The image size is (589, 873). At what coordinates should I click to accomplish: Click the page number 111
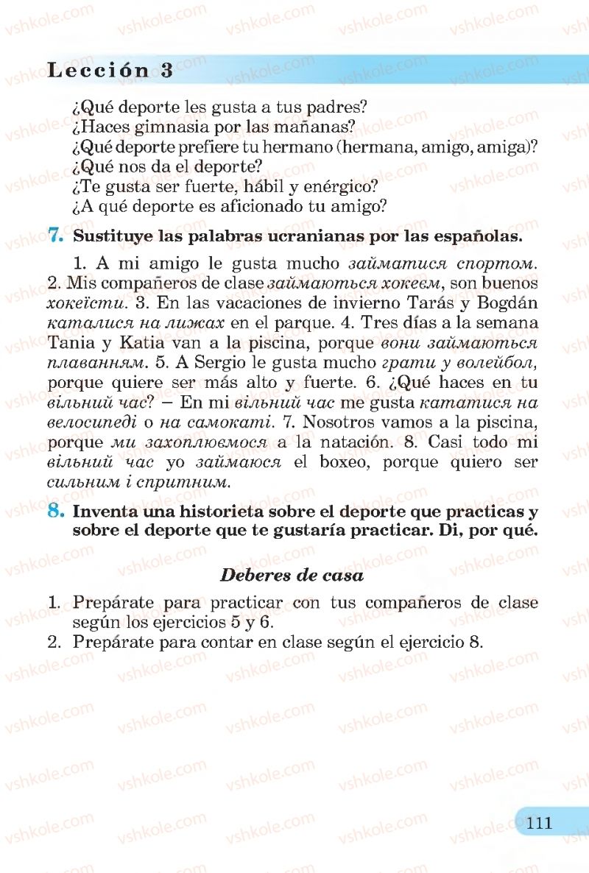(540, 822)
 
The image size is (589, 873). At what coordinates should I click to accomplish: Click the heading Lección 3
(110, 71)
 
